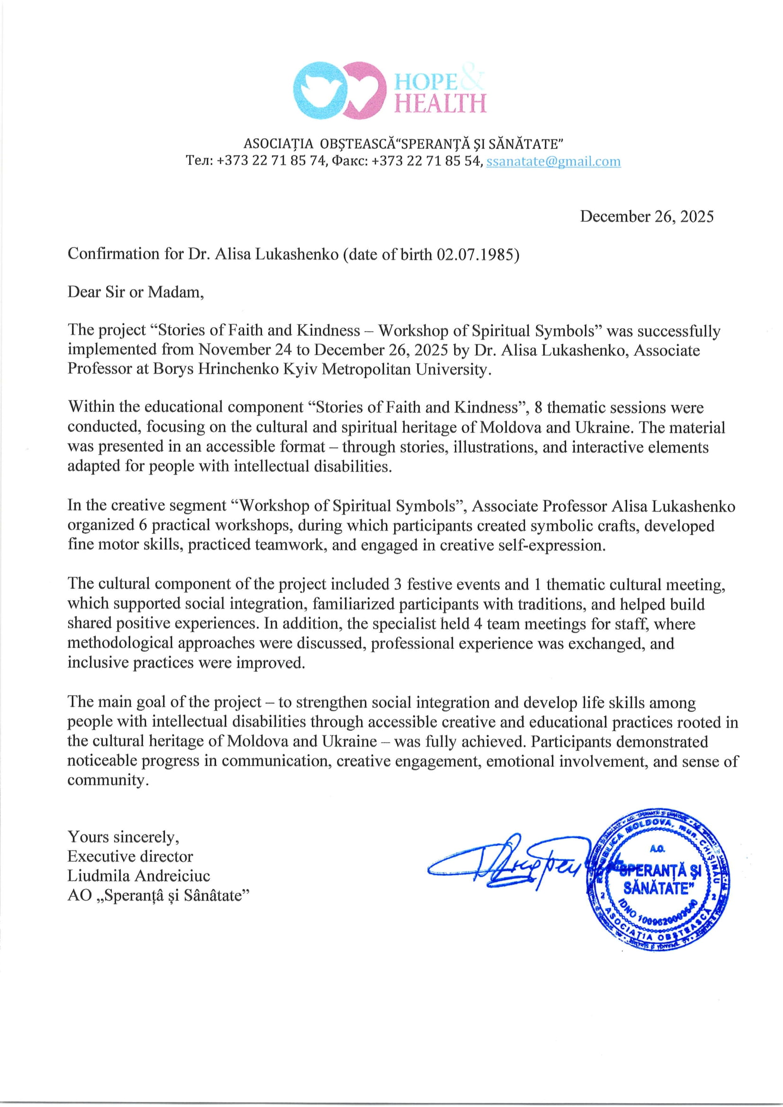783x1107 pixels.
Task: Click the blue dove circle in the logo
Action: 319,90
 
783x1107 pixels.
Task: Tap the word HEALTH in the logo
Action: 440,103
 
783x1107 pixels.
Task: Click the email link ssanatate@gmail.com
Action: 553,161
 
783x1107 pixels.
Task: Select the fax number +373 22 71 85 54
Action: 426,161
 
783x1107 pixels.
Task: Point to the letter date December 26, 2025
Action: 646,216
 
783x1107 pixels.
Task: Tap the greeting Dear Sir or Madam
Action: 135,292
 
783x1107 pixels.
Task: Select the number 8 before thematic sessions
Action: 538,407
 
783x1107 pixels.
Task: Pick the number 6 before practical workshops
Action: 143,525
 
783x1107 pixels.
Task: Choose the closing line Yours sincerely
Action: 123,836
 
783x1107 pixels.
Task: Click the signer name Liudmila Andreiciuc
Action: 139,876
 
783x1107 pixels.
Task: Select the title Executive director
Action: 130,856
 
